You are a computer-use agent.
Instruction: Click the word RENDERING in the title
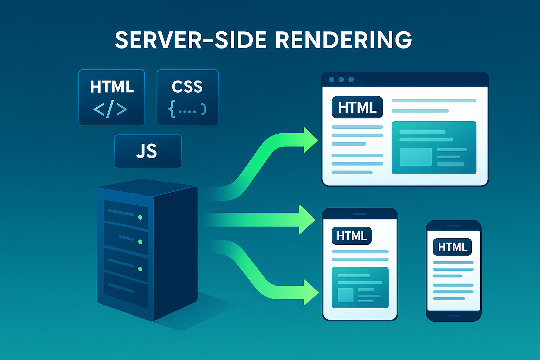(x=343, y=40)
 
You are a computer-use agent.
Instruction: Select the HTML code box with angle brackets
(x=112, y=97)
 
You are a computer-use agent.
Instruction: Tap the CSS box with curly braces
(x=187, y=97)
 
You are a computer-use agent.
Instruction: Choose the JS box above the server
(x=148, y=151)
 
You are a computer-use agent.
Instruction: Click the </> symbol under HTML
(x=110, y=110)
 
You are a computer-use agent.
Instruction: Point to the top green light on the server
(x=140, y=217)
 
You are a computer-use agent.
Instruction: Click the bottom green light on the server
(x=140, y=269)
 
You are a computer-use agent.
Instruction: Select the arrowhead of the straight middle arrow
(x=307, y=220)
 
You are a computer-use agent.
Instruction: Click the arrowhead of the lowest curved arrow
(x=310, y=292)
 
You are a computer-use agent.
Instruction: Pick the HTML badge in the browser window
(x=357, y=107)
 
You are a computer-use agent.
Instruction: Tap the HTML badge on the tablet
(x=352, y=236)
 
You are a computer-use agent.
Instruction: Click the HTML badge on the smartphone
(x=452, y=247)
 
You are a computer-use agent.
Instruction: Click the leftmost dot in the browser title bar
(x=331, y=79)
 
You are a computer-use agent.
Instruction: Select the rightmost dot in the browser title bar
(x=351, y=79)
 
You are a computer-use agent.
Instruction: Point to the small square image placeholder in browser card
(x=416, y=157)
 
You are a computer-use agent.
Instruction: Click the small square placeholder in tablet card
(x=346, y=295)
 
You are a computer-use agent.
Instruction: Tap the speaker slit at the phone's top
(x=454, y=226)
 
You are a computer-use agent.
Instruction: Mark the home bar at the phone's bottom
(x=454, y=315)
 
